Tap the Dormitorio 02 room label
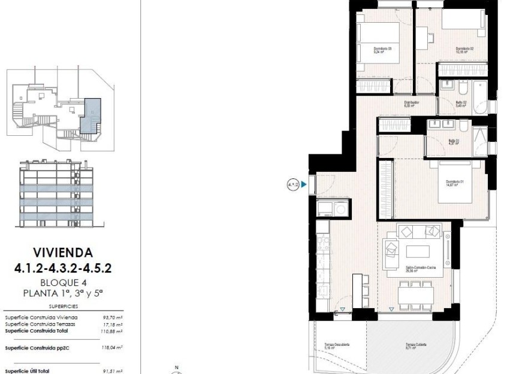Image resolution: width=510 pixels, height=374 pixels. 464,50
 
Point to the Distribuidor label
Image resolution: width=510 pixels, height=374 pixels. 411,103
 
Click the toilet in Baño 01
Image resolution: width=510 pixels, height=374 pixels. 464,125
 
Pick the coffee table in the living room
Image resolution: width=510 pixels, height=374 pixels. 418,250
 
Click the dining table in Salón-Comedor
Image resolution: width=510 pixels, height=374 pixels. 417,294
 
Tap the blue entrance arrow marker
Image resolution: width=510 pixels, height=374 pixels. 304,185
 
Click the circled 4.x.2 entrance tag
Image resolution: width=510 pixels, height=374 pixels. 293,185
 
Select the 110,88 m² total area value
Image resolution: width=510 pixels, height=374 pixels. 112,330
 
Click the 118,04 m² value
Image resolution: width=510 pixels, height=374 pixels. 112,347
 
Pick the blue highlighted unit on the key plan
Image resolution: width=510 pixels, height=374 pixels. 92,114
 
